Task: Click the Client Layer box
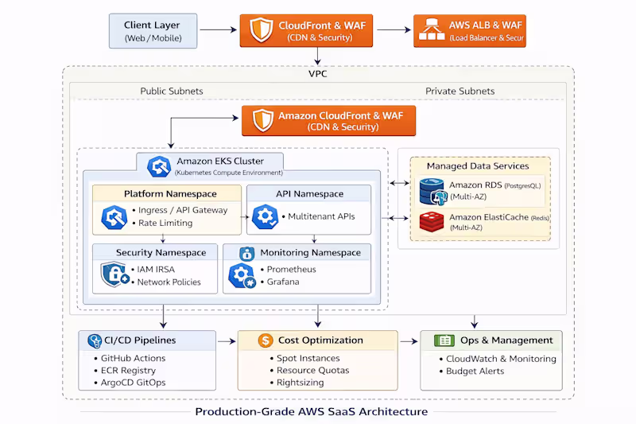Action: coord(153,31)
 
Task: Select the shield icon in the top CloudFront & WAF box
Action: coord(262,31)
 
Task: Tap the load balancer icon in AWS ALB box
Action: coord(431,31)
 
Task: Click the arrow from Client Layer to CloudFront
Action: coord(218,31)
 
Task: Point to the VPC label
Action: coord(317,74)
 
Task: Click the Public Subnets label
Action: coord(172,91)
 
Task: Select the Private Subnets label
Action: coord(460,91)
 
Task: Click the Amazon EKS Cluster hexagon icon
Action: coord(160,165)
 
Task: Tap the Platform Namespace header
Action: coord(170,194)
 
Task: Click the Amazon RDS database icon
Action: coord(431,192)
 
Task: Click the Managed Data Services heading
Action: coord(477,166)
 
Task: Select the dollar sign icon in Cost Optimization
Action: coord(266,340)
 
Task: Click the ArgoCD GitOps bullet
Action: coord(133,383)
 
